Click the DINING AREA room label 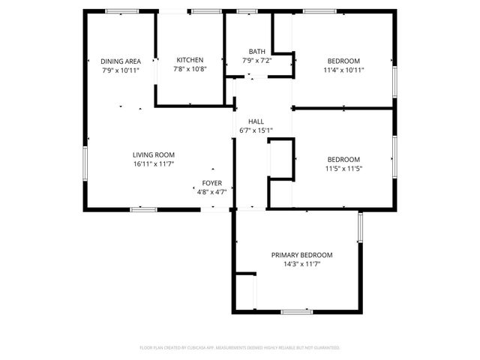click(x=121, y=61)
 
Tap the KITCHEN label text click(x=190, y=60)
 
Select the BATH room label click(x=256, y=51)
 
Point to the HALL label click(x=256, y=121)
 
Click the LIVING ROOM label click(x=154, y=154)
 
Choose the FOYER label click(x=211, y=183)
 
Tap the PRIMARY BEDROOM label click(x=301, y=255)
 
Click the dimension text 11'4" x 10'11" click(x=343, y=70)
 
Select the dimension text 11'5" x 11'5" click(x=343, y=168)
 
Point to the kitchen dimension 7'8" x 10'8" click(x=190, y=69)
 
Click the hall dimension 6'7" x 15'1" click(x=256, y=130)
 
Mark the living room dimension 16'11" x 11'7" click(x=154, y=163)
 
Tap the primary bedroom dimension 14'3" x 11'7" click(x=301, y=264)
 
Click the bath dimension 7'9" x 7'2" click(x=256, y=60)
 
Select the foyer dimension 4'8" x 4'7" click(x=211, y=192)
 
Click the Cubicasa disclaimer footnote click(x=240, y=348)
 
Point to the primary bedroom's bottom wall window click(x=296, y=311)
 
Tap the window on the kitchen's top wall click(x=205, y=11)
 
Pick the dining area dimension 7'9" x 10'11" click(x=121, y=70)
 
